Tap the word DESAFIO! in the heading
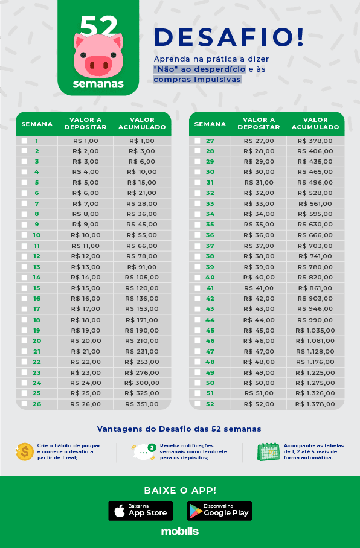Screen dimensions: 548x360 (x=229, y=37)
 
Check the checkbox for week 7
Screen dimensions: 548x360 (x=24, y=203)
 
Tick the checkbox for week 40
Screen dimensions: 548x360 (x=197, y=277)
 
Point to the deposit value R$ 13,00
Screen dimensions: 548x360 (x=85, y=267)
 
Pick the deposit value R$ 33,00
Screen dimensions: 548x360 (x=259, y=203)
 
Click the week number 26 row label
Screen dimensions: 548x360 (x=37, y=404)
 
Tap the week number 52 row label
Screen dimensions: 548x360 (x=210, y=404)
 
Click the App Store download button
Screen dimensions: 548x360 (x=141, y=511)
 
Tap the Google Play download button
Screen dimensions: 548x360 (x=219, y=511)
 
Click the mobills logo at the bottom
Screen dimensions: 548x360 (x=179, y=532)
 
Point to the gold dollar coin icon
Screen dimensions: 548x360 (x=25, y=451)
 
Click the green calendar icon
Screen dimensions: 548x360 (x=268, y=451)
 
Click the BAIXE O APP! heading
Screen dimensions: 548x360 (x=179, y=490)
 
